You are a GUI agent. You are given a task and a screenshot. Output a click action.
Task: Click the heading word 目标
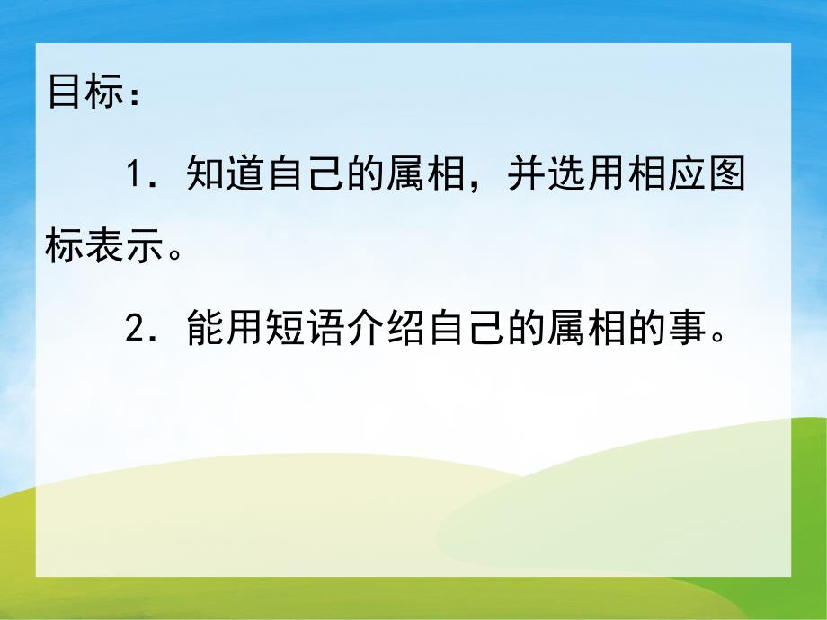click(x=87, y=93)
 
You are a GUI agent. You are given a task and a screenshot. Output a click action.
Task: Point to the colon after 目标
click(x=136, y=95)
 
